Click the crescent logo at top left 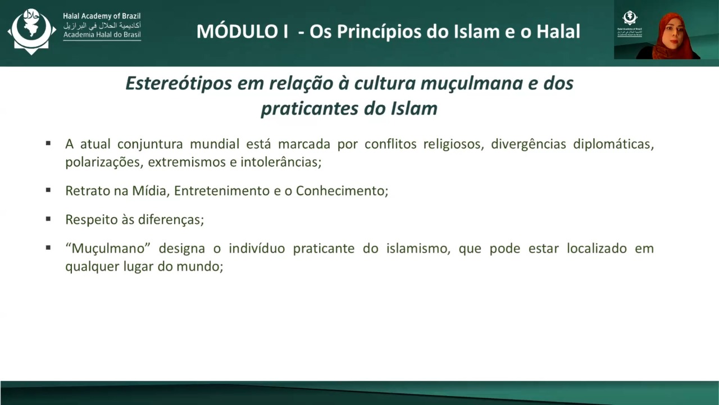(x=31, y=31)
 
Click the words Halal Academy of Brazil (x=102, y=16)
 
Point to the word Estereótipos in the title (x=179, y=84)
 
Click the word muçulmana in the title (x=472, y=84)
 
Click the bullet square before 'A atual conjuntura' (x=48, y=143)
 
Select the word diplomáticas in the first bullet (x=613, y=145)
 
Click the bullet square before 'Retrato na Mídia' (x=48, y=190)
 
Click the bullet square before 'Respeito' (x=48, y=219)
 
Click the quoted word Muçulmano (x=108, y=249)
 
